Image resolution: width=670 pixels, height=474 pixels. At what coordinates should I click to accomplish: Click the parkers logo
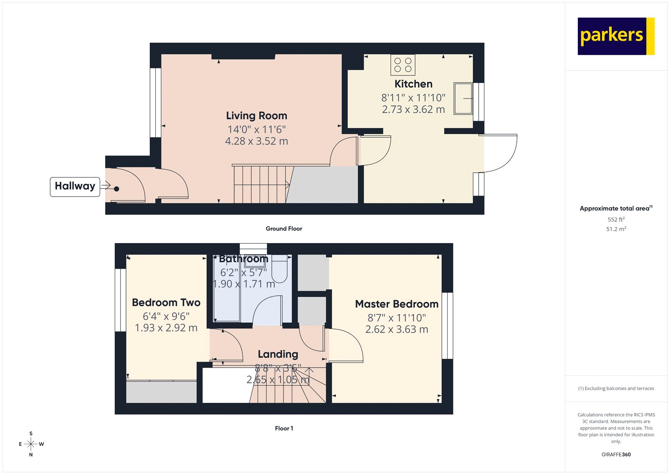pyautogui.click(x=616, y=36)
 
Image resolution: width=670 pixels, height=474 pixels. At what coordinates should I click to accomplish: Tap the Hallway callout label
pyautogui.click(x=75, y=186)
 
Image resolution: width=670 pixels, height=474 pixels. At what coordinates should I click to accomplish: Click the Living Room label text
pyautogui.click(x=256, y=116)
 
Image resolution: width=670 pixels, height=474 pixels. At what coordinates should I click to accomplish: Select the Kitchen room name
pyautogui.click(x=413, y=84)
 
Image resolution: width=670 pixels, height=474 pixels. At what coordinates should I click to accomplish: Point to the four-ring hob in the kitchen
pyautogui.click(x=403, y=65)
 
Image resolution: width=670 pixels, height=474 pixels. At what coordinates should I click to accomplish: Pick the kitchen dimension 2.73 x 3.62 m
pyautogui.click(x=413, y=109)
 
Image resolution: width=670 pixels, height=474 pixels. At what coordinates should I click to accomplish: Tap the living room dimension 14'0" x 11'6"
pyautogui.click(x=256, y=130)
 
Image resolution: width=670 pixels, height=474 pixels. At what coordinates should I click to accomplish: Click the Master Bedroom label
pyautogui.click(x=397, y=304)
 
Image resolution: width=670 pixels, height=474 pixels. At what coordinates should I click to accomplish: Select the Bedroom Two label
pyautogui.click(x=166, y=303)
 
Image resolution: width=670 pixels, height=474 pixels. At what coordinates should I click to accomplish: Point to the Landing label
pyautogui.click(x=278, y=355)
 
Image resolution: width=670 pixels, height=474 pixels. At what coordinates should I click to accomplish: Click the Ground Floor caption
pyautogui.click(x=283, y=229)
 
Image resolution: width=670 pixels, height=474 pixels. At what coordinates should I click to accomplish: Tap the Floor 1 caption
pyautogui.click(x=284, y=428)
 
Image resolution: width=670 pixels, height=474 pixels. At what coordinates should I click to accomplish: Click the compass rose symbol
pyautogui.click(x=31, y=444)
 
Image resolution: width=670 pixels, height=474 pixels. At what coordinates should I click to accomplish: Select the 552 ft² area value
pyautogui.click(x=616, y=220)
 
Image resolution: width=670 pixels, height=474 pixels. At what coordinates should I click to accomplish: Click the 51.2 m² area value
pyautogui.click(x=616, y=229)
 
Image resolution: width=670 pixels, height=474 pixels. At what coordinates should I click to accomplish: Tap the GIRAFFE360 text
pyautogui.click(x=616, y=454)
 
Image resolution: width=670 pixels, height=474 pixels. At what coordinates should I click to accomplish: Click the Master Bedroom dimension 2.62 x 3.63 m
pyautogui.click(x=397, y=330)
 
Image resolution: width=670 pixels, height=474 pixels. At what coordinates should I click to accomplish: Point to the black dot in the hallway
pyautogui.click(x=116, y=189)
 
